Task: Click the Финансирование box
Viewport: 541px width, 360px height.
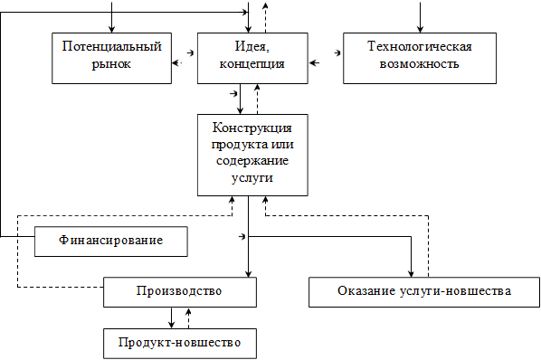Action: tap(111, 242)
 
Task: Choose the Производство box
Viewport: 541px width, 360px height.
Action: tap(179, 291)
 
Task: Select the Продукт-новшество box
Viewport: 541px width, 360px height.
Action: tap(179, 343)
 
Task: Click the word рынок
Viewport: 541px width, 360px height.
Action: tap(111, 64)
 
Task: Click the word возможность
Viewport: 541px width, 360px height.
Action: tap(420, 64)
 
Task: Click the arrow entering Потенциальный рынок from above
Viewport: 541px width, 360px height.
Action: tap(112, 18)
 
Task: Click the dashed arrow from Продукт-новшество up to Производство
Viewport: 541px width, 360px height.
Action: tap(188, 317)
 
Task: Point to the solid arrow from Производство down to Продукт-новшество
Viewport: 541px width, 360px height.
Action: tap(172, 317)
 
